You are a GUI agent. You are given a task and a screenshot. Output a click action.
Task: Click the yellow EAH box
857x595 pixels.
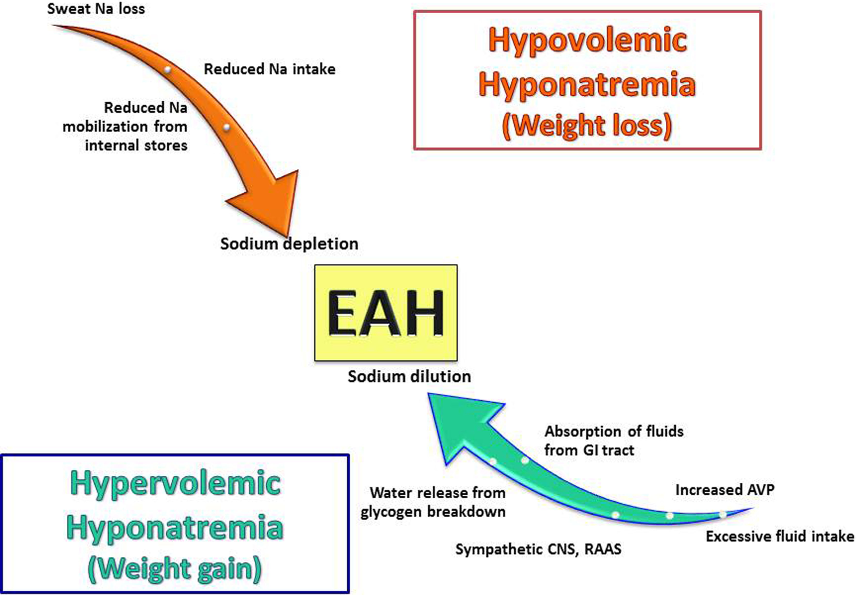click(385, 312)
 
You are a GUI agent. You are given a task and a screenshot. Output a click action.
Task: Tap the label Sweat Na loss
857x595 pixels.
click(96, 9)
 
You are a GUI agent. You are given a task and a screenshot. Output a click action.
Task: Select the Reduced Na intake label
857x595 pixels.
click(269, 69)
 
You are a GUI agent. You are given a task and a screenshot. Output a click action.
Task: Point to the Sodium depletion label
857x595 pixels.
click(289, 244)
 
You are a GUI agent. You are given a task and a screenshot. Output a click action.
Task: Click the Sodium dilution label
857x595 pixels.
click(409, 376)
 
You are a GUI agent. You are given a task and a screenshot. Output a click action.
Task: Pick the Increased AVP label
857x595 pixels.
click(724, 490)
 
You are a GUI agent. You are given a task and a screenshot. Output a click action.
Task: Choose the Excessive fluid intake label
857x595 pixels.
click(780, 536)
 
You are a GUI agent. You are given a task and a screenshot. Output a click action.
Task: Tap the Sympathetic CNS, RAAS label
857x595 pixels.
click(538, 549)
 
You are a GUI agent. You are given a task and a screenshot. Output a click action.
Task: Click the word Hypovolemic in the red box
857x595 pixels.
click(587, 40)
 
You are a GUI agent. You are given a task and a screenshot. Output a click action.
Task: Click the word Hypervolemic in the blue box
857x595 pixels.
click(175, 483)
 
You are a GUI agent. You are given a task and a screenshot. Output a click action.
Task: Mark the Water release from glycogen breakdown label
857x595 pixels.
click(433, 502)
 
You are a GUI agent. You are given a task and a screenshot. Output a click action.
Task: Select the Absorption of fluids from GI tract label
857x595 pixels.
click(614, 441)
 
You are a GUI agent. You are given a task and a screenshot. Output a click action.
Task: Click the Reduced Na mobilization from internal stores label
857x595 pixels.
click(125, 126)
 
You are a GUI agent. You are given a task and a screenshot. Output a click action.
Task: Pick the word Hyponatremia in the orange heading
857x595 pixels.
click(587, 84)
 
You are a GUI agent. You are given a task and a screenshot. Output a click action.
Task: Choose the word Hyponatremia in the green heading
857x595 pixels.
click(175, 527)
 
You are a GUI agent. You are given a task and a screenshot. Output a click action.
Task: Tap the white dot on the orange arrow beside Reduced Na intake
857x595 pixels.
click(167, 70)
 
